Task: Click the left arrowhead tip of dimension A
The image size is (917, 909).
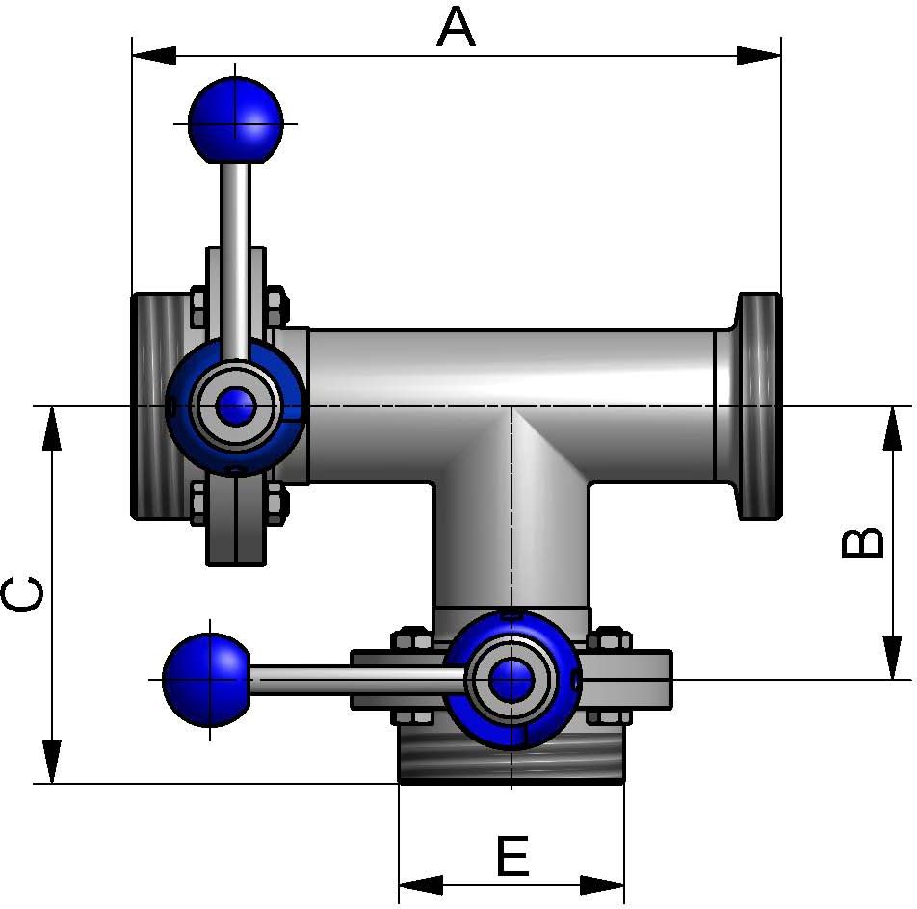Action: click(x=133, y=56)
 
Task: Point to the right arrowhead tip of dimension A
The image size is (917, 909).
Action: click(x=781, y=56)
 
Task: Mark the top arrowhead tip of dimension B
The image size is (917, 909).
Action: click(x=892, y=407)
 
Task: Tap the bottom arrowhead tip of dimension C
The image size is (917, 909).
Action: click(x=52, y=783)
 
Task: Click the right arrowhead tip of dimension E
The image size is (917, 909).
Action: click(x=624, y=885)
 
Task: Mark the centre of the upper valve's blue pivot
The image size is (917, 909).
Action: click(x=235, y=405)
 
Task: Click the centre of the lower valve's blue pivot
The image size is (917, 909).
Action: click(x=511, y=680)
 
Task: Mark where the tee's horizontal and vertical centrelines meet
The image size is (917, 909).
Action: click(x=511, y=405)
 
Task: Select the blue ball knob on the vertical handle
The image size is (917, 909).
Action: click(x=236, y=120)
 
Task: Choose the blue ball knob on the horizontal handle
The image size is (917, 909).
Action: click(x=206, y=680)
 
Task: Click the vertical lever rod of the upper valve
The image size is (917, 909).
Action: click(x=235, y=260)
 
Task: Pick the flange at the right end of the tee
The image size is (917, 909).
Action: click(x=758, y=405)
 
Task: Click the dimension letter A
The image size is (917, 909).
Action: click(x=457, y=28)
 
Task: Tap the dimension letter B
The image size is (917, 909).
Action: click(x=862, y=544)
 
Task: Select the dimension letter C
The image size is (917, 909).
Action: click(x=22, y=594)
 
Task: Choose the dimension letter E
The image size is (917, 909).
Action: click(x=512, y=856)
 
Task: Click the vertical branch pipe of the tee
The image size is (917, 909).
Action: click(x=511, y=547)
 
